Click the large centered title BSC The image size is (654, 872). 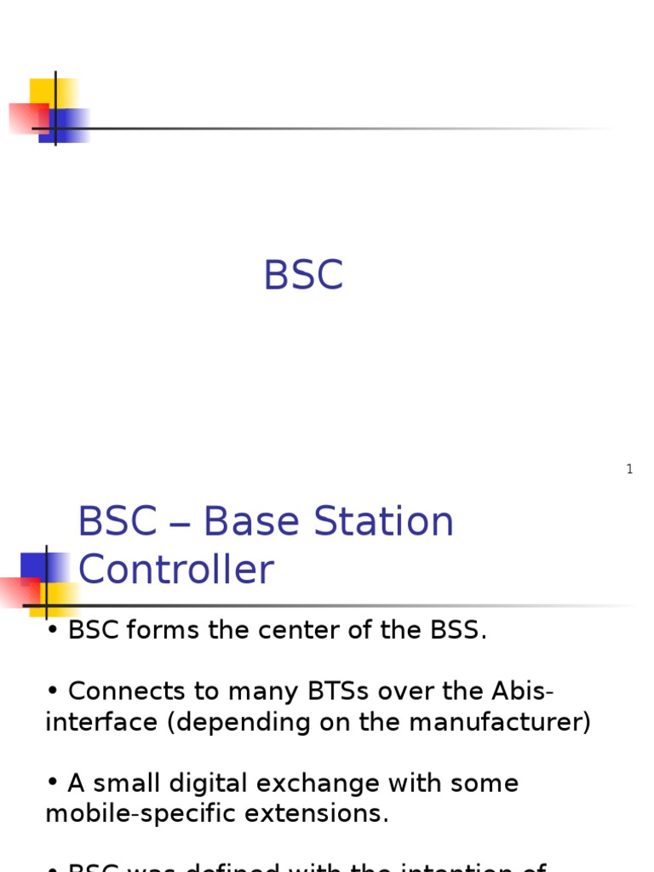tap(303, 276)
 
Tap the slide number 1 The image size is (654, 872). tap(629, 469)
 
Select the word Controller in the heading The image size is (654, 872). tap(176, 570)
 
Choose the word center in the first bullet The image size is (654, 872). tap(313, 631)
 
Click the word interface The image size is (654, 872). tap(101, 722)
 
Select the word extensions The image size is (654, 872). tap(313, 813)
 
